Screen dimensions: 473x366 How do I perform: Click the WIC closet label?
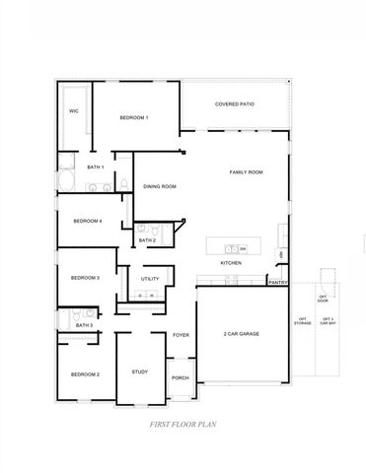73,111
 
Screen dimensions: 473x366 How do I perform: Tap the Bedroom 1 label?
134,118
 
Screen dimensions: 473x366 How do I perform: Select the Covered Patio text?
235,104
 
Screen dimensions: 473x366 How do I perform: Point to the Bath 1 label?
96,168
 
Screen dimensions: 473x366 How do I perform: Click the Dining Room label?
160,185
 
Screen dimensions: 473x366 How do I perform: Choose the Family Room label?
246,172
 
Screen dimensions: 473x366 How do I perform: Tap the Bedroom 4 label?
87,221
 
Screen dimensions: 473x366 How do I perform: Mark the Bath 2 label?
147,239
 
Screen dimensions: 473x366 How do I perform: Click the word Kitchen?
232,263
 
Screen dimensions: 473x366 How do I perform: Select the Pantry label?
277,282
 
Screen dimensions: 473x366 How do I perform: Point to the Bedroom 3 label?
85,278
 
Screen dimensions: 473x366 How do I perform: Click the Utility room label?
150,279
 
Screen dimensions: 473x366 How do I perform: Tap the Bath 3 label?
84,324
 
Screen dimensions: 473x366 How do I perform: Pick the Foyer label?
181,335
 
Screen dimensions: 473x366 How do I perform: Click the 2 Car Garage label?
241,335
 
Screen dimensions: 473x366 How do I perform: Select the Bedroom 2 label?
85,374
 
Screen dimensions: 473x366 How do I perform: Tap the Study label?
139,372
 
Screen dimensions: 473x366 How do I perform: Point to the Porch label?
180,378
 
